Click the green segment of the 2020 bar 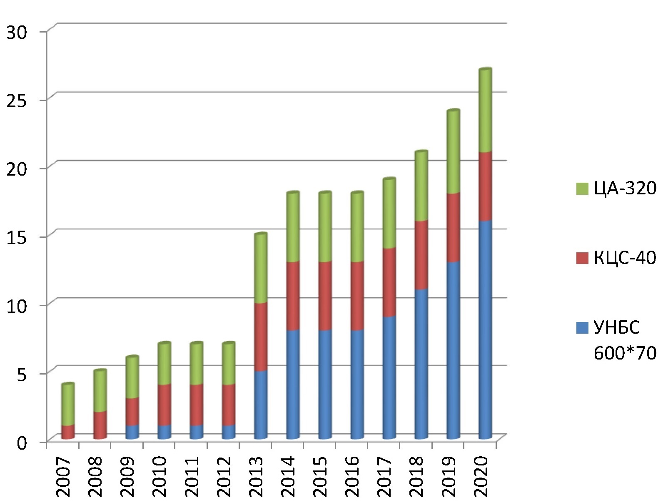coord(485,111)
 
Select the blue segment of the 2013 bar coord(261,405)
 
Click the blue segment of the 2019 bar coord(453,350)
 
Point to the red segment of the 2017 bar coord(389,282)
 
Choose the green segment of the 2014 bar coord(293,228)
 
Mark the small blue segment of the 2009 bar coord(132,432)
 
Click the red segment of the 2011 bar coord(197,405)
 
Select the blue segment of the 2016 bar coord(357,384)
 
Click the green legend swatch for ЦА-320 coord(582,189)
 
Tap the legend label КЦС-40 coord(625,258)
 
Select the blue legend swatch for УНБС coord(582,327)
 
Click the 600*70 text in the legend coord(625,353)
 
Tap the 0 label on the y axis coord(22,443)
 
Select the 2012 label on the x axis coord(223,476)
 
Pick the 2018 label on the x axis coord(416,476)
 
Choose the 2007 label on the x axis coord(63,476)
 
